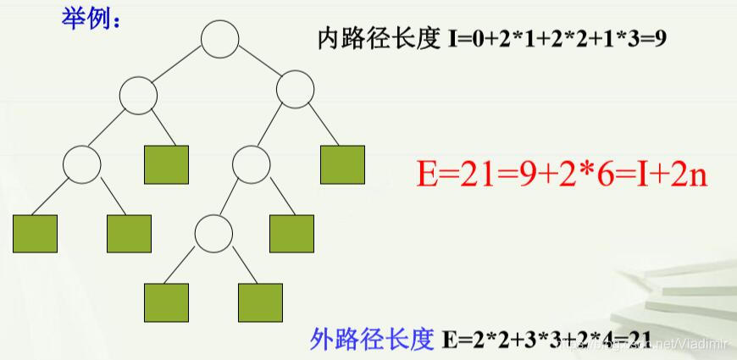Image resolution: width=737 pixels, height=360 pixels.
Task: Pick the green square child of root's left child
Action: point(166,165)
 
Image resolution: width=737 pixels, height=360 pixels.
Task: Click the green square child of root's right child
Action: point(342,165)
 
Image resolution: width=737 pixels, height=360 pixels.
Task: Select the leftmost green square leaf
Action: point(36,235)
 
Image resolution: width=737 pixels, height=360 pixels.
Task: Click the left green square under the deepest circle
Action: point(166,302)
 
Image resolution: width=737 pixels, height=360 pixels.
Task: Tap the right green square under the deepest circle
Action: point(260,302)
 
